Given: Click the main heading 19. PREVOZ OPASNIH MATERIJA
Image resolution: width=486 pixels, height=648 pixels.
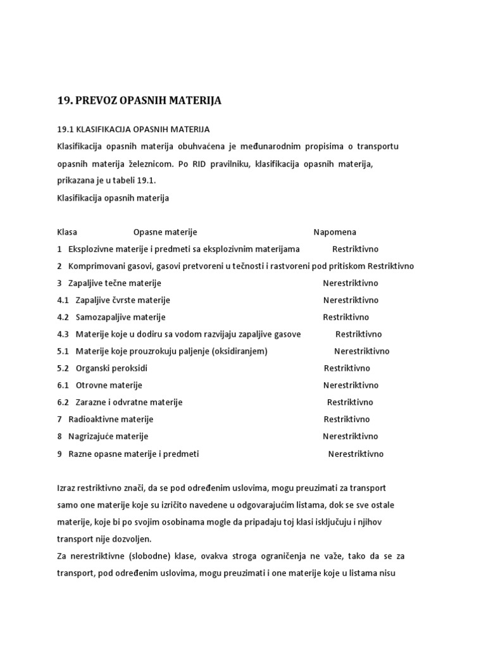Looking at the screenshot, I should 139,101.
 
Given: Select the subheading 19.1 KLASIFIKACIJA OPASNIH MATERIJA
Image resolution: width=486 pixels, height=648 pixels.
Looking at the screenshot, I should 134,130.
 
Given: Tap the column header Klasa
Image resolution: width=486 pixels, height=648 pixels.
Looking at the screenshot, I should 67,232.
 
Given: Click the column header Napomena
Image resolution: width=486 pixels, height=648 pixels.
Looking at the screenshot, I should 335,232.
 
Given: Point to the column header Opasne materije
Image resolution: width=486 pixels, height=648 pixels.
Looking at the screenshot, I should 165,232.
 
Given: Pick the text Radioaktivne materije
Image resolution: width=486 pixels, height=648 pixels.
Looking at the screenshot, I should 111,420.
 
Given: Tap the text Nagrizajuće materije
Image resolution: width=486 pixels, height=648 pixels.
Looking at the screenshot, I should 108,437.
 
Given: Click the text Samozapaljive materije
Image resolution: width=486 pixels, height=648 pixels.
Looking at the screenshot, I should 120,317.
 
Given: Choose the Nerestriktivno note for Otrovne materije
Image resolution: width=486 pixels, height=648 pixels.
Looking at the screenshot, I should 351,385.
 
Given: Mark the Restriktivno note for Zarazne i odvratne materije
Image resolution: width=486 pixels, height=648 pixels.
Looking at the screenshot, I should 350,402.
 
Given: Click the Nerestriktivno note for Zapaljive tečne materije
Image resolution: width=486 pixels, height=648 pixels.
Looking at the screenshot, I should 350,283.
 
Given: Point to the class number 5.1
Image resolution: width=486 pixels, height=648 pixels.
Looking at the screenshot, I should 63,351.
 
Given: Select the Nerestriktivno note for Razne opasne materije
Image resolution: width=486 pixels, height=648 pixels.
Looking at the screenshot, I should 355,454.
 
